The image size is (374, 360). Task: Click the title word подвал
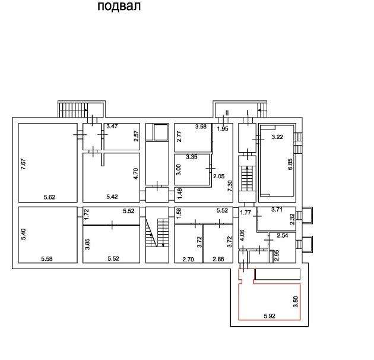119,6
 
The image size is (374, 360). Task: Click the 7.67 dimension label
23,164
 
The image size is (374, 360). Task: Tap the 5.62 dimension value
49,197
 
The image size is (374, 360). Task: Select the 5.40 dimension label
23,235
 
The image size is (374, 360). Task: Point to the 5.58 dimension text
47,259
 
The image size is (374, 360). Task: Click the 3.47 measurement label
112,126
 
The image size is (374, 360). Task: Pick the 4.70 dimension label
136,174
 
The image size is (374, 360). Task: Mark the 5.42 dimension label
112,197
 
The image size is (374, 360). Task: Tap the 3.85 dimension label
88,244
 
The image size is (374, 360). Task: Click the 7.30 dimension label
230,186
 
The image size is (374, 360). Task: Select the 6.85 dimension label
290,164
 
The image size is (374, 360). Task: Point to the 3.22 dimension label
277,137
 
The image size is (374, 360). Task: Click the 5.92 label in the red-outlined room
270,316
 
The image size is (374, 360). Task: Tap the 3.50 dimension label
296,302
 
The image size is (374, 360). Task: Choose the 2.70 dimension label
188,259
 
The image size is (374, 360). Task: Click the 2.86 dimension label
218,259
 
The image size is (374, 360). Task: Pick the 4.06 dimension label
243,235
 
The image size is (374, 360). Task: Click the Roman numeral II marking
227,113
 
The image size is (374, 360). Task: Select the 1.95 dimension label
223,129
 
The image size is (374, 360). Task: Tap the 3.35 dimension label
192,157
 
